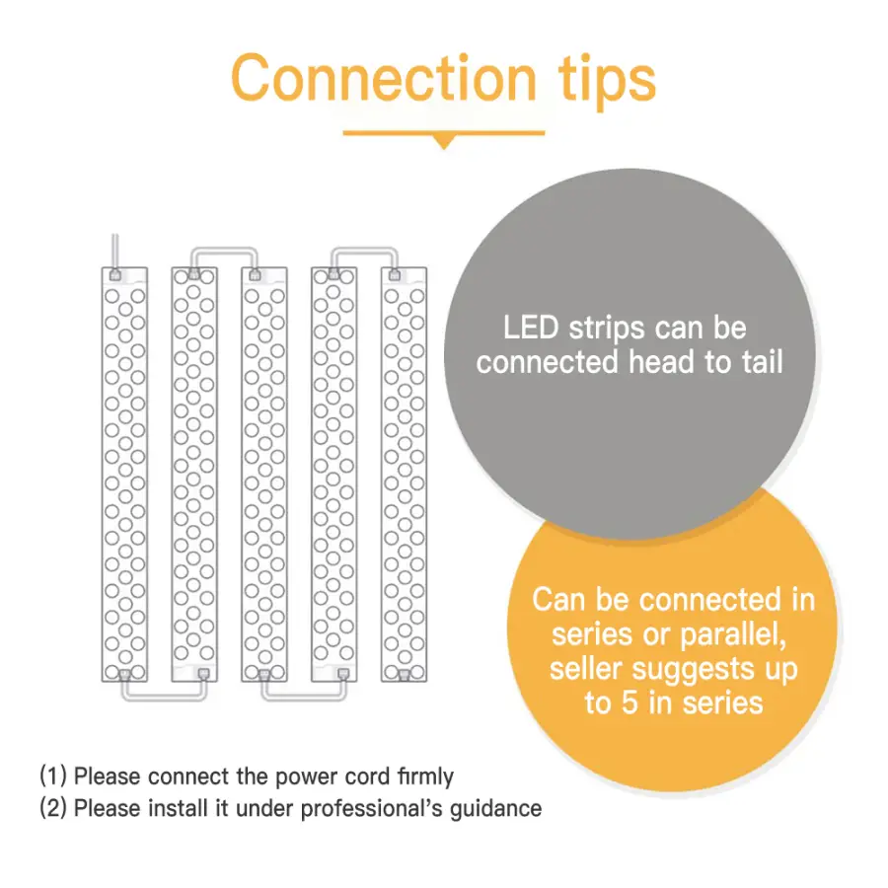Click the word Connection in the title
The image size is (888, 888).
pyautogui.click(x=384, y=78)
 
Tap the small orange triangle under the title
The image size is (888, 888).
pyautogui.click(x=444, y=141)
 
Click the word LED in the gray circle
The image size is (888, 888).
pyautogui.click(x=531, y=328)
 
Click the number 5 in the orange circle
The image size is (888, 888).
pyautogui.click(x=629, y=703)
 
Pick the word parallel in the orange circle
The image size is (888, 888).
pyautogui.click(x=733, y=634)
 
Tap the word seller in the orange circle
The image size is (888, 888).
pyautogui.click(x=586, y=669)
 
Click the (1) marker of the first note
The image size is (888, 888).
pyautogui.click(x=52, y=776)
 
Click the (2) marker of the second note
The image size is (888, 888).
pyautogui.click(x=52, y=808)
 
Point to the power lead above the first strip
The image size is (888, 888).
pyautogui.click(x=115, y=252)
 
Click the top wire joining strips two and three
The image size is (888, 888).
pyautogui.click(x=224, y=250)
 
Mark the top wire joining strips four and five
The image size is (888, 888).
pyautogui.click(x=365, y=250)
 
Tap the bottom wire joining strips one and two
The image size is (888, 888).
pyautogui.click(x=164, y=698)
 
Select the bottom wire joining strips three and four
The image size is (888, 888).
pyautogui.click(x=304, y=698)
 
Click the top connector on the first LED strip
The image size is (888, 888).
pyautogui.click(x=115, y=275)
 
